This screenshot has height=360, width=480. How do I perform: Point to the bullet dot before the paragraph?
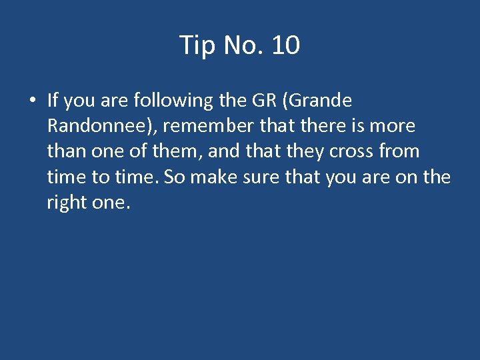[33, 101]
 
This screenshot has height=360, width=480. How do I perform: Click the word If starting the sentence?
[53, 101]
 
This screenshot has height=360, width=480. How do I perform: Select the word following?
[175, 101]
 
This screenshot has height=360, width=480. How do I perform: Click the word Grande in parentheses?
[313, 101]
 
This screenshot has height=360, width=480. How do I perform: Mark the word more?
[393, 126]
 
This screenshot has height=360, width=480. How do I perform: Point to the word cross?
[353, 151]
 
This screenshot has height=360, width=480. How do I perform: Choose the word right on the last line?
[67, 202]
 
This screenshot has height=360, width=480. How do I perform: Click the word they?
[305, 151]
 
